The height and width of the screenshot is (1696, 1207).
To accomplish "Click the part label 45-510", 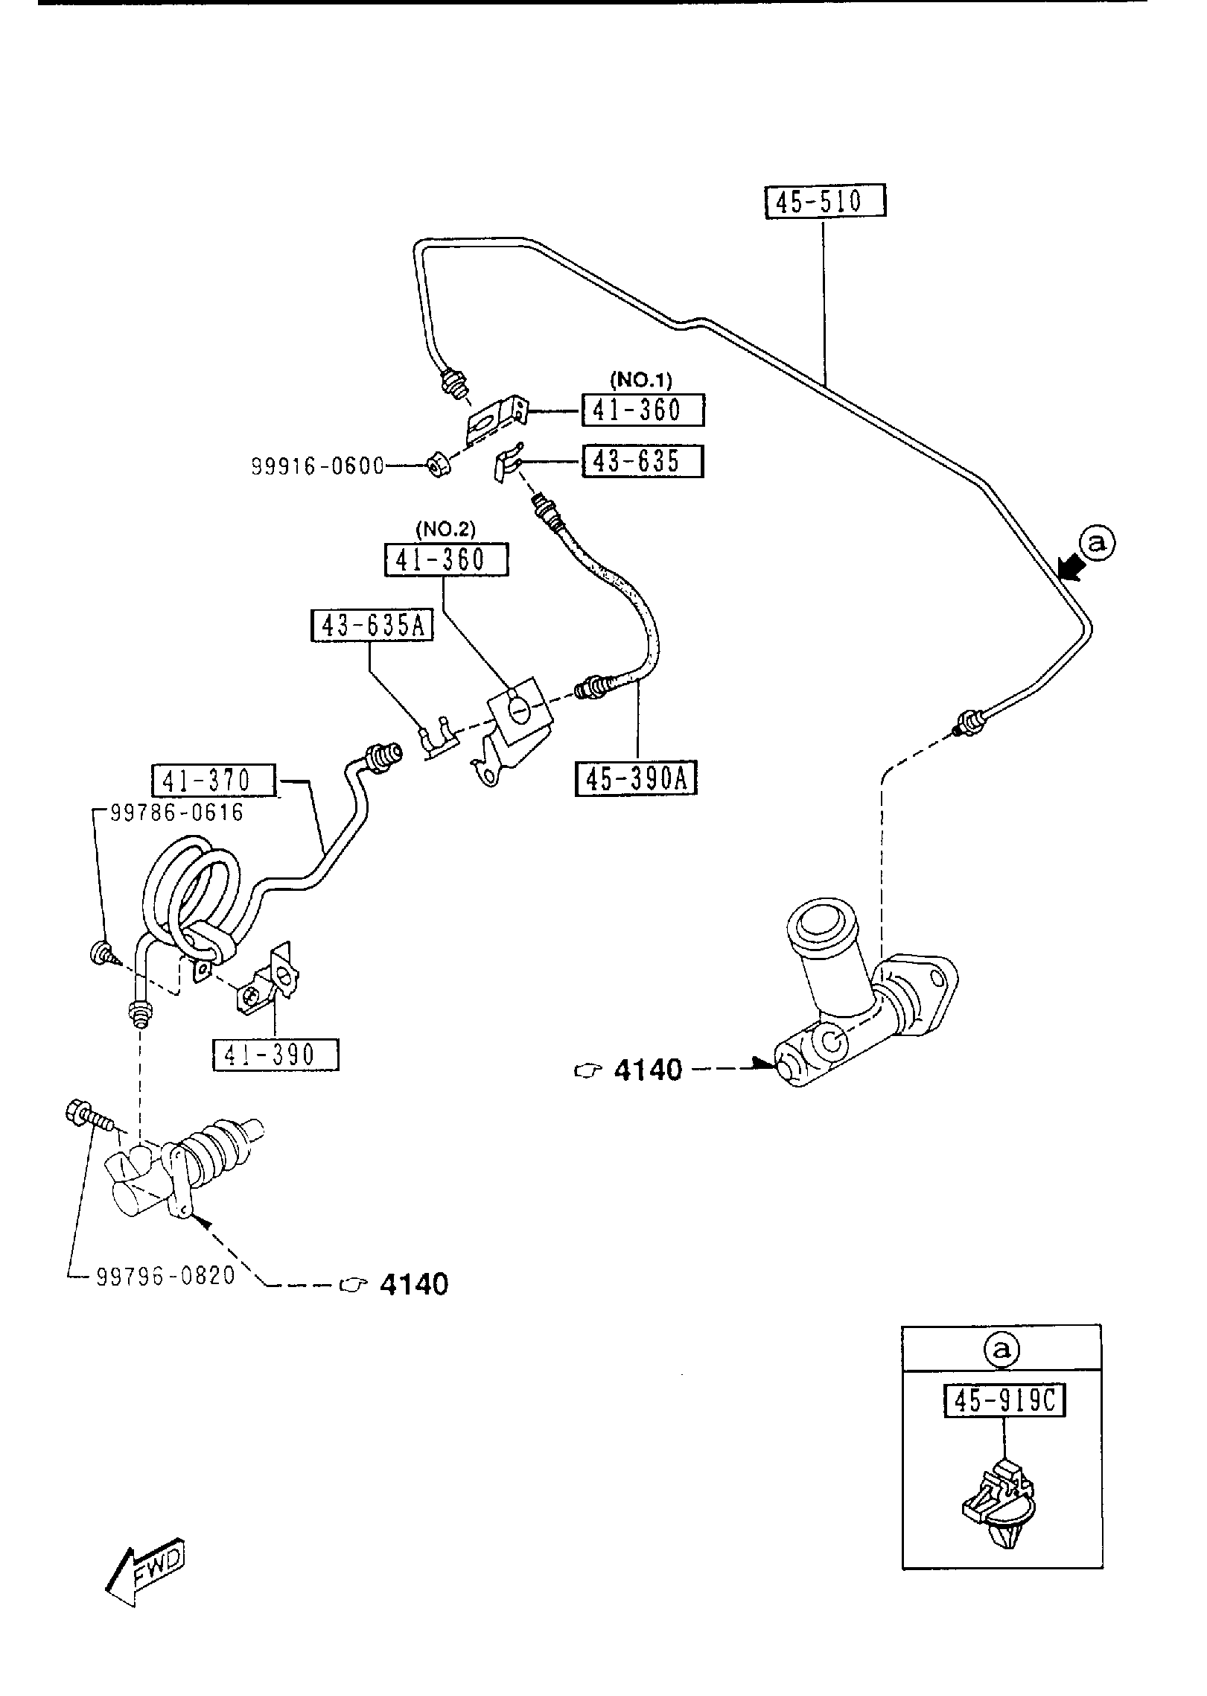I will point(826,201).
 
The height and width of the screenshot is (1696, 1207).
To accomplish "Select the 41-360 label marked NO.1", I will point(643,410).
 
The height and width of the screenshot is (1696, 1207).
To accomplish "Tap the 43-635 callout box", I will point(642,462).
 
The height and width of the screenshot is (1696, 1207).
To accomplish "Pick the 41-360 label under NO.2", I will point(446,559).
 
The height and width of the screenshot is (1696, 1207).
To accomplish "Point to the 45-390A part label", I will point(637,779).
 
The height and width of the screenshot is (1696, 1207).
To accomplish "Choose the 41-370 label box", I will point(213,781).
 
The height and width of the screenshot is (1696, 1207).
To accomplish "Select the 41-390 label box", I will point(276,1055).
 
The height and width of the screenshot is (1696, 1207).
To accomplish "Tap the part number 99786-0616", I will point(177,812).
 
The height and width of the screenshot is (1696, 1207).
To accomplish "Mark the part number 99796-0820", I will point(166,1276).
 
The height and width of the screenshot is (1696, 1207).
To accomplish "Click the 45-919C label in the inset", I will point(1004,1402).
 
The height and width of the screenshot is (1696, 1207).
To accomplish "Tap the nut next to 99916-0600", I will point(437,467).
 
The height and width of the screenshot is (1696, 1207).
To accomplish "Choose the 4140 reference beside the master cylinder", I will point(647,1070).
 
